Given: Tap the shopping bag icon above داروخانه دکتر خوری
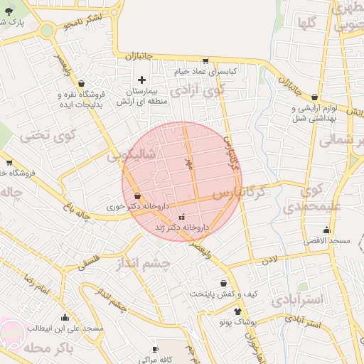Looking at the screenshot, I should coord(136,196).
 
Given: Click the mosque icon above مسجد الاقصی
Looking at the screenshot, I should coord(326,230).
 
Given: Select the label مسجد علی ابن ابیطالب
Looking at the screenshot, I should coord(66,328).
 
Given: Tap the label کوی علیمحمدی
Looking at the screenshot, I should coord(309,199).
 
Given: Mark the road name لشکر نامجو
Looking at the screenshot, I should coord(82,22).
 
